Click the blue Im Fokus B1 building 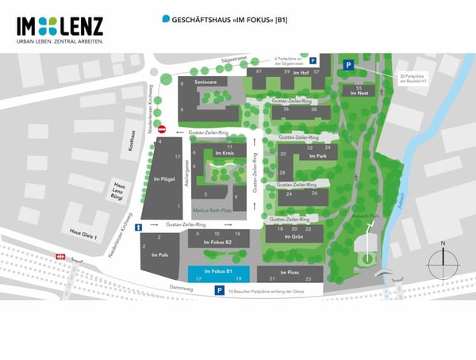tap(218, 273)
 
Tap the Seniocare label tap(205, 82)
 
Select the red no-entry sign tap(162, 129)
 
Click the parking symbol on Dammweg tap(218, 291)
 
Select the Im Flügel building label tap(162, 179)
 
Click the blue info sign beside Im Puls tap(139, 228)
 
